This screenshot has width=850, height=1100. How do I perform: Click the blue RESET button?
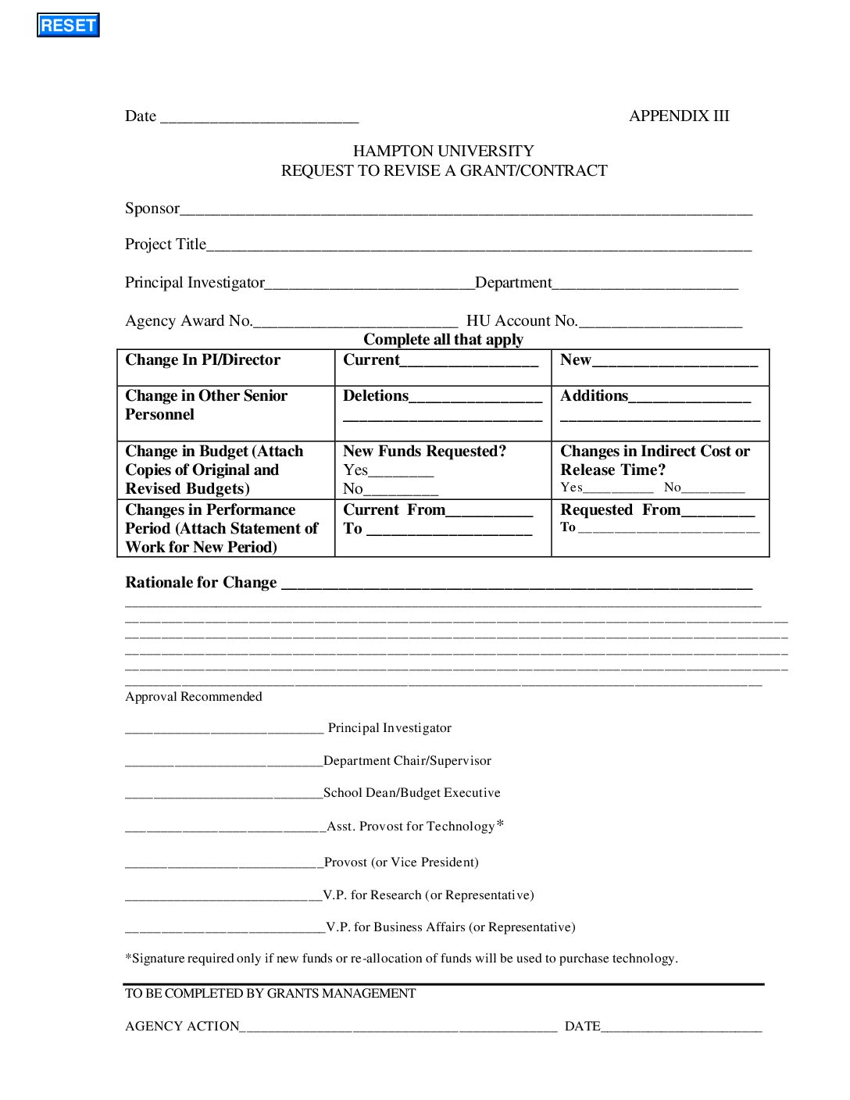click(68, 25)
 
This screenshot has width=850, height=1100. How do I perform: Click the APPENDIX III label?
click(679, 116)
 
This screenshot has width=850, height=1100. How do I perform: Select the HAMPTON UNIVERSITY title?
click(443, 151)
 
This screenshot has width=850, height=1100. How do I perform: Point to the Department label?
click(513, 283)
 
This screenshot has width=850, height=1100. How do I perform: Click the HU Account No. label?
click(522, 321)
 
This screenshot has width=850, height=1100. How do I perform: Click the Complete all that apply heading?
click(443, 339)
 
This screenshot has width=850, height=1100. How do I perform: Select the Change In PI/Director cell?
click(202, 360)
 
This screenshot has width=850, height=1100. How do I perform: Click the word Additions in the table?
click(594, 396)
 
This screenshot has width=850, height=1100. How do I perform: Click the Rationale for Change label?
click(201, 583)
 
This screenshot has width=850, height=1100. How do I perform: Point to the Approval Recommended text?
click(194, 697)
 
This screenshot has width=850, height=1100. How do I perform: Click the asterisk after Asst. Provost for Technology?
click(500, 824)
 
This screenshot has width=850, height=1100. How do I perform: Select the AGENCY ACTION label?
click(182, 1027)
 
